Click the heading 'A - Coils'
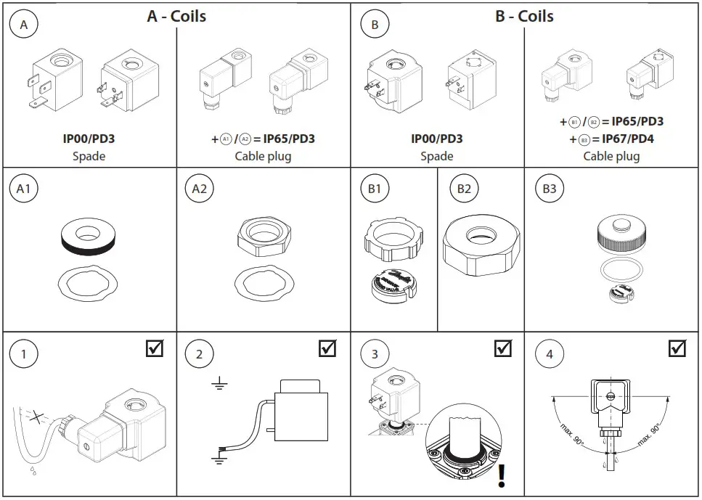[176, 16]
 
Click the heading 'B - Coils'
[524, 16]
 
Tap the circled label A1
[23, 190]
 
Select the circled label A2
[199, 190]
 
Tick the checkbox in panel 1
[154, 348]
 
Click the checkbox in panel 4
[677, 348]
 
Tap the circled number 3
[375, 355]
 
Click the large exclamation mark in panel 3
[502, 475]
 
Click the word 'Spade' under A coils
[89, 156]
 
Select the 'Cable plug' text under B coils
[612, 156]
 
